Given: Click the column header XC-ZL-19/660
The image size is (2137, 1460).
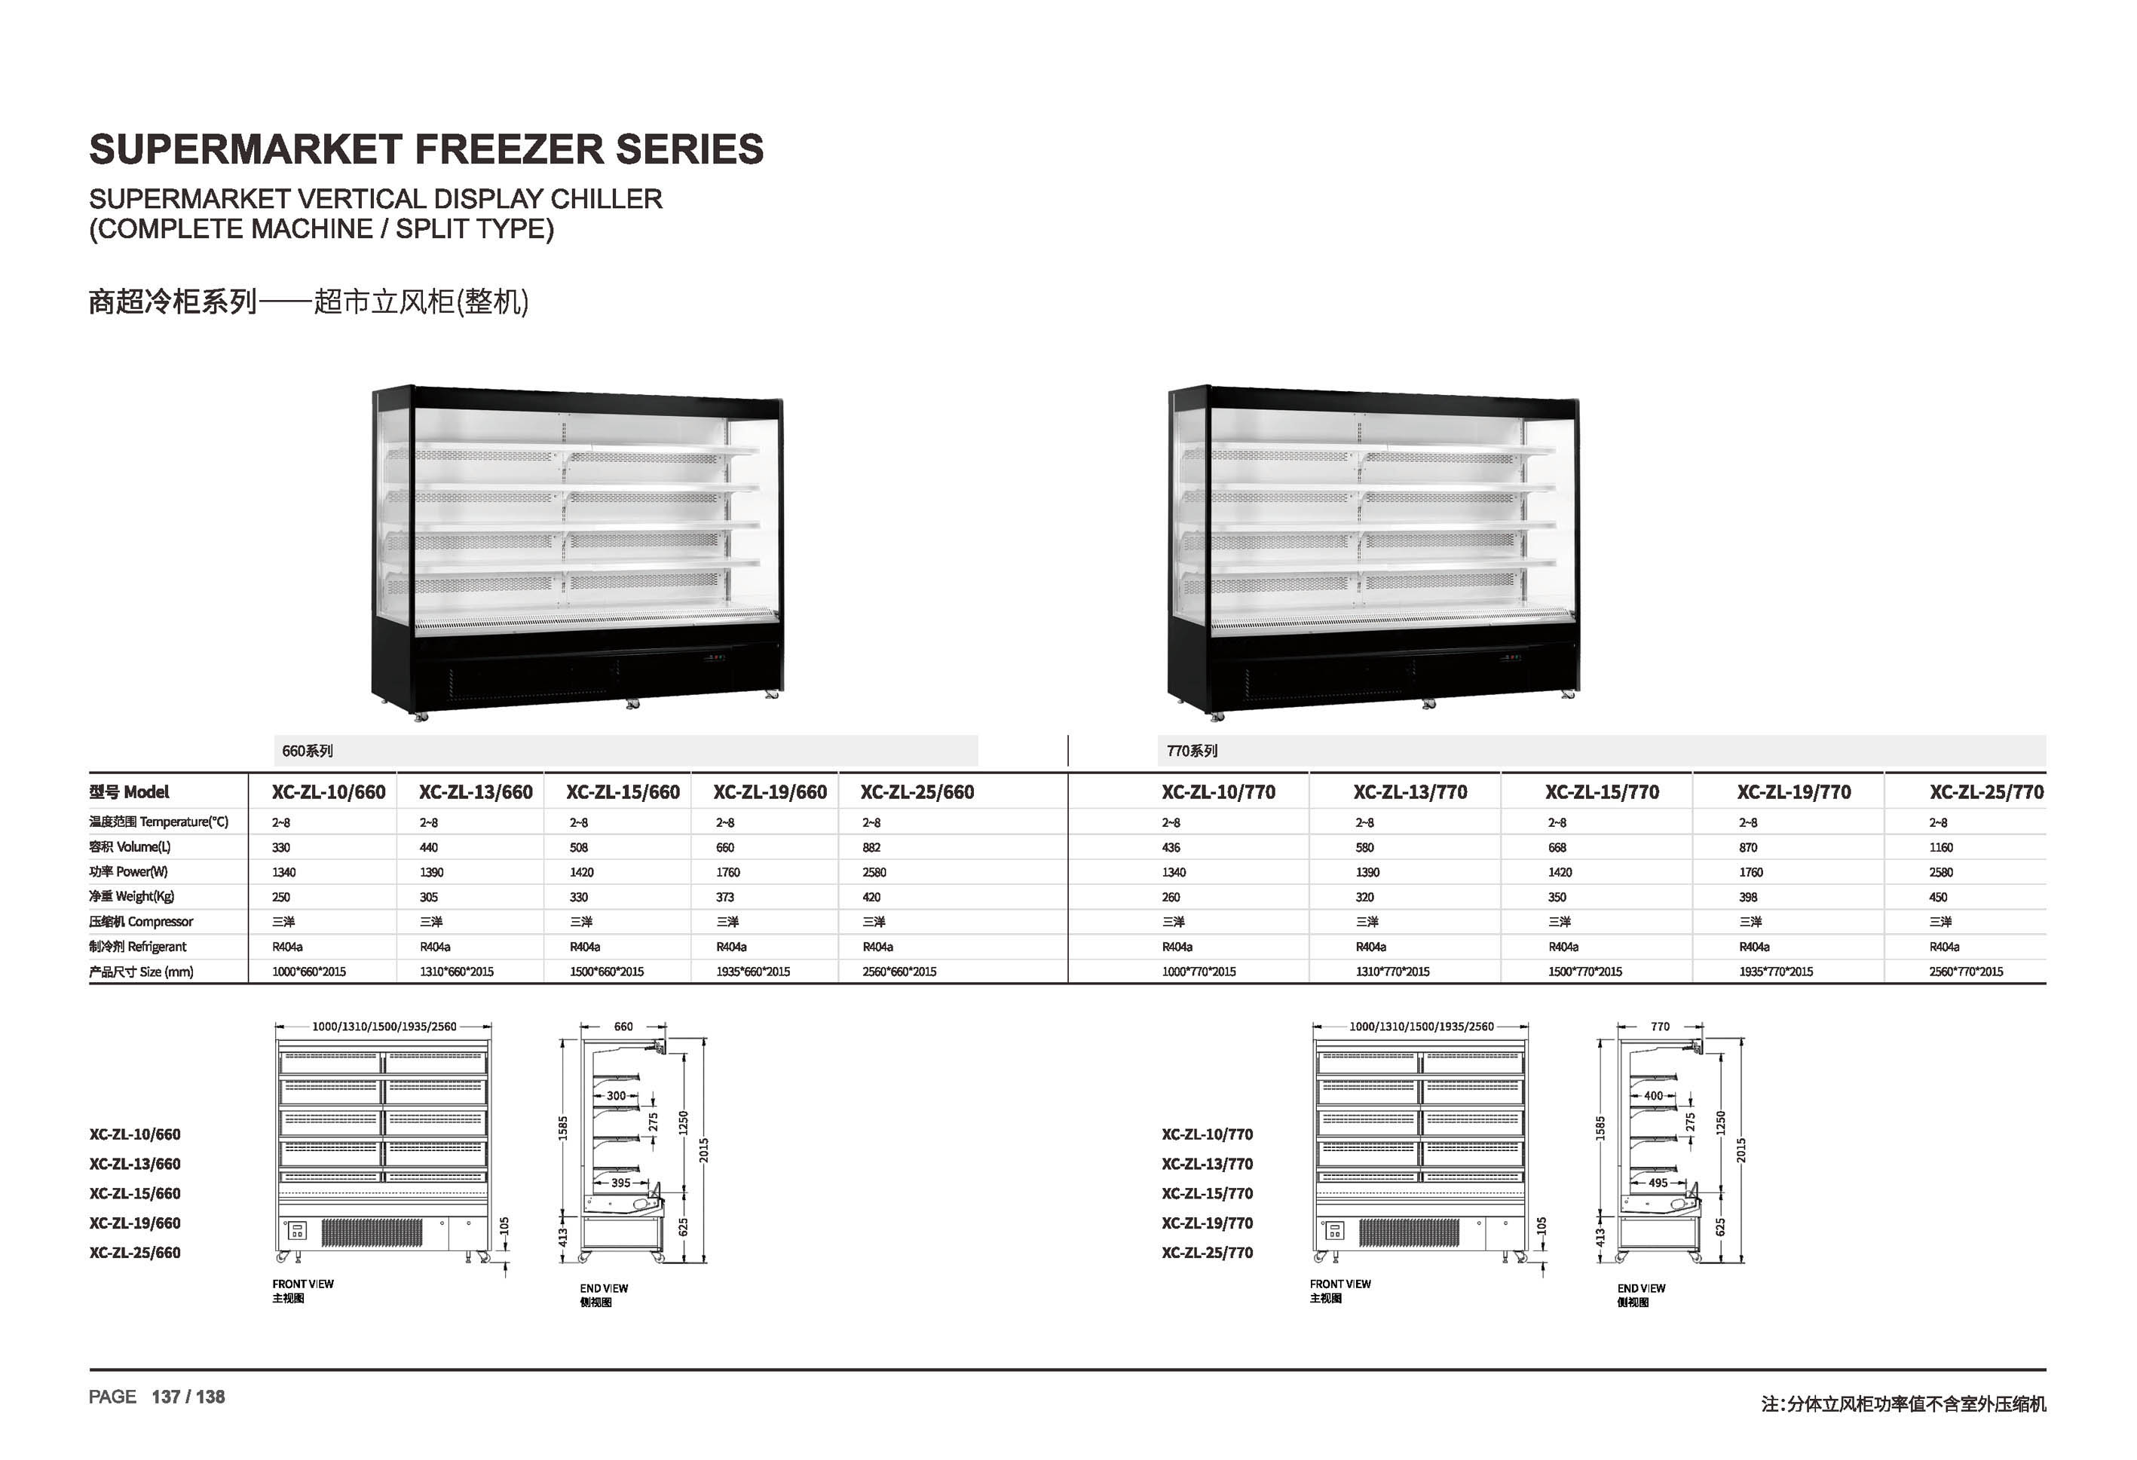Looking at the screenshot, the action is tap(770, 791).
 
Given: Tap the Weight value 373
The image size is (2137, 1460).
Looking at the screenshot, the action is tap(725, 897).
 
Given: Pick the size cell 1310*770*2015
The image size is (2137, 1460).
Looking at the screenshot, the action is tap(1392, 972).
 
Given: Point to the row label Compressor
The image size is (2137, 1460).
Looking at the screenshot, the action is tap(142, 921).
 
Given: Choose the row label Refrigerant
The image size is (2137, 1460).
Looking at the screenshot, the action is tap(138, 946).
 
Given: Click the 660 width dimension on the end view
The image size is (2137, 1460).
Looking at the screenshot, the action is tap(623, 1026).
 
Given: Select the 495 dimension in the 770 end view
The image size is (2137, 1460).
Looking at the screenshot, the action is tap(1658, 1183).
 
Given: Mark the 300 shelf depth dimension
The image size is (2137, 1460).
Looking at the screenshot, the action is tap(616, 1096).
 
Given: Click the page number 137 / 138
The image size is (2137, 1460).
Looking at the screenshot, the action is tap(188, 1397).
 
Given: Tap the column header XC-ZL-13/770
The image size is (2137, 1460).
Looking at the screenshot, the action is tap(1410, 791).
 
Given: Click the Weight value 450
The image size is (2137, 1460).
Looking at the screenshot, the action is tap(1939, 897).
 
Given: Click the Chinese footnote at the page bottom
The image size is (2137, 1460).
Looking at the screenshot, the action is tap(1903, 1404).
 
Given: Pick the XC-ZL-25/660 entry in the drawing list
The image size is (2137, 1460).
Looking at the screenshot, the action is tap(135, 1252).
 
